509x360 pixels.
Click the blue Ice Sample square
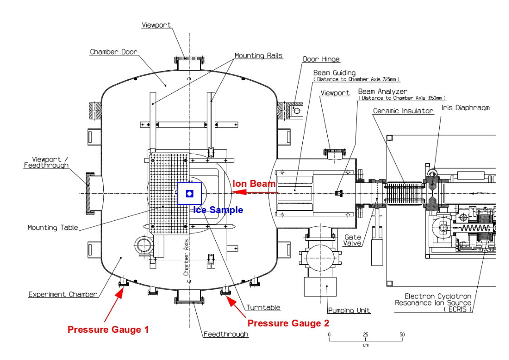click(x=189, y=194)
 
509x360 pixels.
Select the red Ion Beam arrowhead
click(x=238, y=192)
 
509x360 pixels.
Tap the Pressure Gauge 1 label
click(x=108, y=330)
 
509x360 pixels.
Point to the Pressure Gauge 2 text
click(x=288, y=323)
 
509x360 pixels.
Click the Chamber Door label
click(x=114, y=52)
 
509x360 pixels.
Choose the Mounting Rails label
click(x=258, y=55)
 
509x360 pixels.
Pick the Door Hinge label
click(x=321, y=59)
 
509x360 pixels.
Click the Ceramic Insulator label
click(x=403, y=111)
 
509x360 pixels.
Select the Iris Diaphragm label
click(x=465, y=108)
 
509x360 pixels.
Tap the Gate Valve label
click(x=353, y=240)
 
